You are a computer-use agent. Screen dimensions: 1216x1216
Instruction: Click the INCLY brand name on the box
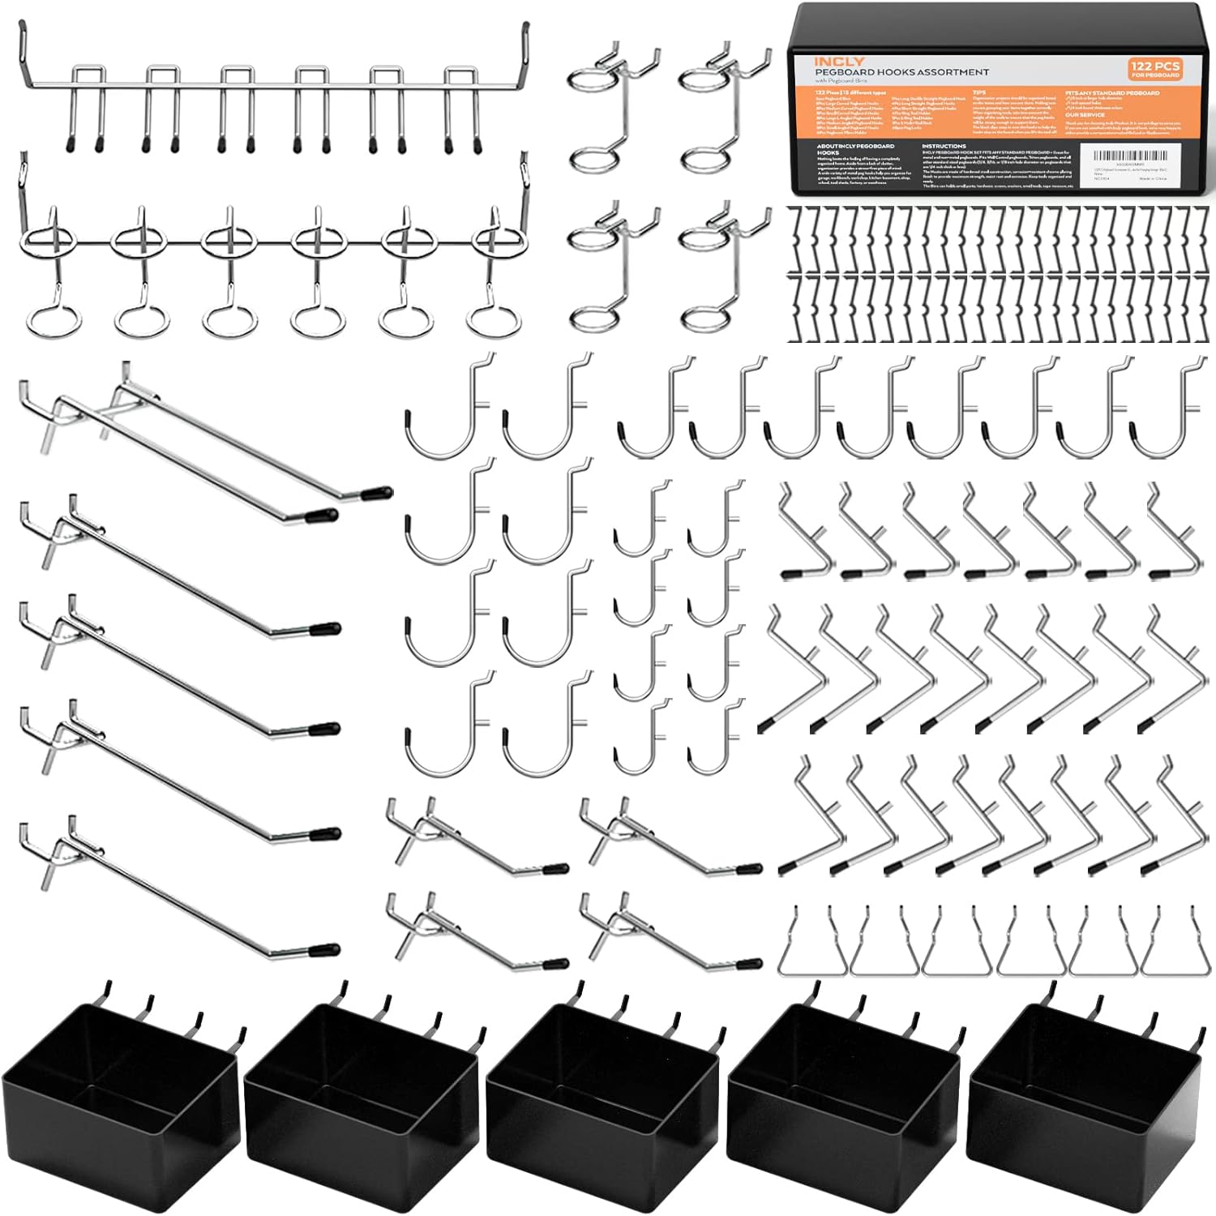click(840, 62)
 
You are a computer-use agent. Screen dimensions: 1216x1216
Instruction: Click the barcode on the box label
click(1135, 156)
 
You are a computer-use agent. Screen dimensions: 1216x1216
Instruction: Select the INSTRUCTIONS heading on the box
click(944, 147)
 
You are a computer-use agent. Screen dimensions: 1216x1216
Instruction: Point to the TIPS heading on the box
click(979, 93)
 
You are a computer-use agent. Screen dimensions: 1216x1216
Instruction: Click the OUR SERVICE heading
click(1085, 115)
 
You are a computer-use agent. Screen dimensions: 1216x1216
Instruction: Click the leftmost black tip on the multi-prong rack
click(71, 144)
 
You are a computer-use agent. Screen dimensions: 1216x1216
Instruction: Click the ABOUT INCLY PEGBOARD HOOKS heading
click(855, 149)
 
